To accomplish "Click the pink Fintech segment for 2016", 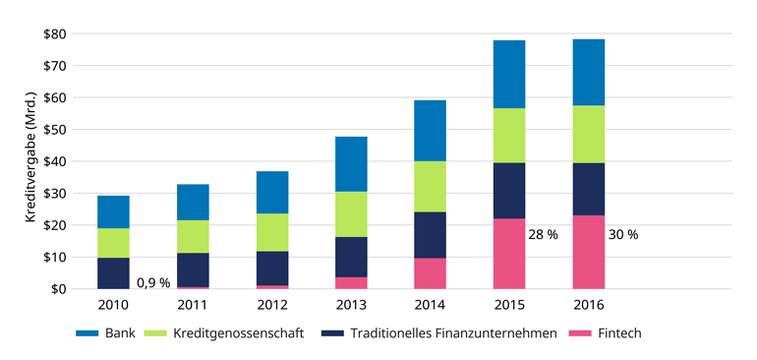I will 588,252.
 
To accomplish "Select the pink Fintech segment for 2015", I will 509,253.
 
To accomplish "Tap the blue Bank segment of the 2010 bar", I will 114,211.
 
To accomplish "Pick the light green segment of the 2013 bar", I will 351,214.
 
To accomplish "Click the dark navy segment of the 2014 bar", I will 430,235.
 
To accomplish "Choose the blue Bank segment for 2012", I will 271,192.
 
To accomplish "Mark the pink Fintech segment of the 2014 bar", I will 430,273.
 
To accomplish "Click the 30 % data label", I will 622,235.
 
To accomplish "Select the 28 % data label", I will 544,235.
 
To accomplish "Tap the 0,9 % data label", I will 153,282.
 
